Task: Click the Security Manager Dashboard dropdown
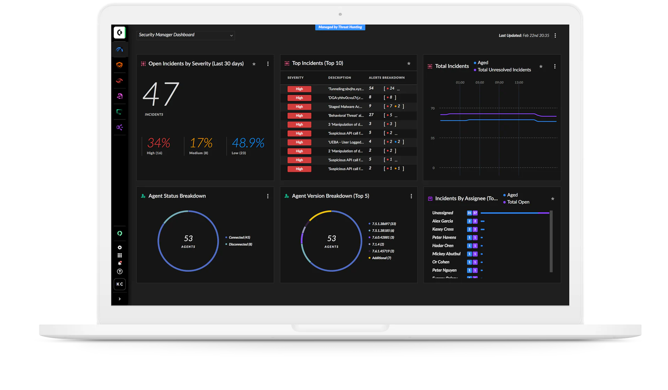(186, 35)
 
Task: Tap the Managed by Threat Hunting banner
(340, 27)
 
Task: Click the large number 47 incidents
(161, 94)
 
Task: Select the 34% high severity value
(159, 143)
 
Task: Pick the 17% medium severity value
(201, 143)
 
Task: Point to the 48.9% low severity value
(248, 143)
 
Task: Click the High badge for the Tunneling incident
(299, 89)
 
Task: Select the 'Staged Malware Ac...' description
(345, 107)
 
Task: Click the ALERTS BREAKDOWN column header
(387, 78)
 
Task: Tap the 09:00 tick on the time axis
(499, 82)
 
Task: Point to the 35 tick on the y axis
(432, 138)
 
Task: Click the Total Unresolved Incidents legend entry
(504, 70)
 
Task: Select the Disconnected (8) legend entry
(240, 244)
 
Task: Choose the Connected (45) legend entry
(239, 237)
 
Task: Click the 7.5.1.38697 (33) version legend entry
(384, 224)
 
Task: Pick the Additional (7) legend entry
(381, 258)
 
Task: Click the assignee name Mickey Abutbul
(446, 254)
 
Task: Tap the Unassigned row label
(443, 213)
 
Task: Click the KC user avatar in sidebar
(120, 284)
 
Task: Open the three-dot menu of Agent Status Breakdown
(268, 196)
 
